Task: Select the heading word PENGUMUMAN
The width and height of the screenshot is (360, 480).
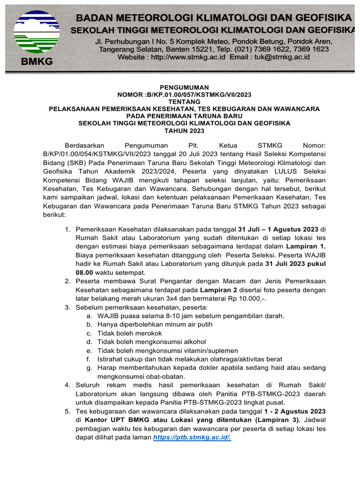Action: click(x=184, y=87)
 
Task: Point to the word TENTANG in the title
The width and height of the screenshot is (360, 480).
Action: click(x=184, y=101)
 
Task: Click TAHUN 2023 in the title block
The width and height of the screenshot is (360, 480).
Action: click(x=184, y=130)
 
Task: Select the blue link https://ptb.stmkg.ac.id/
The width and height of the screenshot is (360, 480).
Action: click(x=192, y=437)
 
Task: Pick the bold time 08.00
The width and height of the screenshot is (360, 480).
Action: click(x=84, y=272)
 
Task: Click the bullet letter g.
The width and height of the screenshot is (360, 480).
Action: click(x=89, y=368)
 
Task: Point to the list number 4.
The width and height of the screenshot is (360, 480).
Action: click(x=67, y=385)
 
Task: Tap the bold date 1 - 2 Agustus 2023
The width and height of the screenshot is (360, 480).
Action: click(x=294, y=411)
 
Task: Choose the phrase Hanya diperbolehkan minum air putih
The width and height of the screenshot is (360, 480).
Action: click(x=155, y=324)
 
